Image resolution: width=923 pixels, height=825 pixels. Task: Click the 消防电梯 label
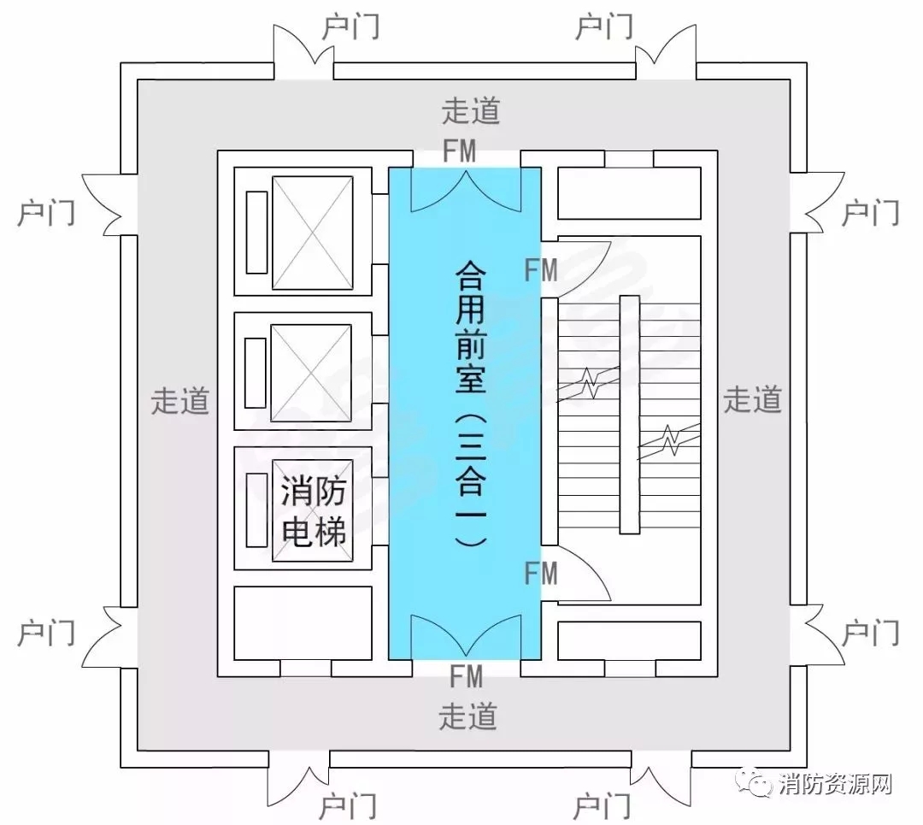click(x=313, y=510)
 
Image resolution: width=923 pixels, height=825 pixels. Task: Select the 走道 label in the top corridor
click(x=471, y=111)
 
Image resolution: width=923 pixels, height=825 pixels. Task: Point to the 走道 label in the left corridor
click(x=180, y=401)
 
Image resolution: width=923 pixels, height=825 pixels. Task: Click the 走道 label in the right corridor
click(x=752, y=400)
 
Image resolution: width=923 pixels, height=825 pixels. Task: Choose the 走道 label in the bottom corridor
click(x=468, y=716)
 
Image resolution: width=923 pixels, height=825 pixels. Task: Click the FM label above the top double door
click(x=459, y=150)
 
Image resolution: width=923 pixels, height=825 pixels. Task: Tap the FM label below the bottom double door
click(x=467, y=676)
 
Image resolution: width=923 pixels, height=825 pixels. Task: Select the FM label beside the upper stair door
click(x=541, y=271)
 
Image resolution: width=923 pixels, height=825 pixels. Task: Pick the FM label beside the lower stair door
click(x=541, y=574)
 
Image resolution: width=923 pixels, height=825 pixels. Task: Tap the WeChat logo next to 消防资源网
click(x=755, y=783)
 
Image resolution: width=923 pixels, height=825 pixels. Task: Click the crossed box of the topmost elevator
click(x=312, y=233)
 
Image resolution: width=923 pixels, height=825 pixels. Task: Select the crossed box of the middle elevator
click(x=311, y=373)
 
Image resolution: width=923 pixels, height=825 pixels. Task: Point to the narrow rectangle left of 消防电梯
click(x=256, y=510)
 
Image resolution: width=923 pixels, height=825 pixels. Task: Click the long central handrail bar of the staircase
click(x=629, y=415)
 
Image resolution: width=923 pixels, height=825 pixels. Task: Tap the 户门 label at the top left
click(x=351, y=27)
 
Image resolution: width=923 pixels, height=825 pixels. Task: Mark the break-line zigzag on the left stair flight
click(x=590, y=383)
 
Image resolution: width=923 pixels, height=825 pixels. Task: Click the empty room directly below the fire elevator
click(x=303, y=623)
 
